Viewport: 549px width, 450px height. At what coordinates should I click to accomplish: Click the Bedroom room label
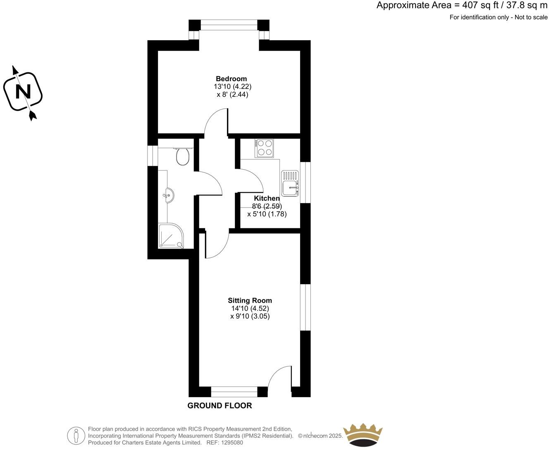(x=231, y=79)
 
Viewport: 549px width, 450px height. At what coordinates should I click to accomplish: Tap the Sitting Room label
(x=250, y=301)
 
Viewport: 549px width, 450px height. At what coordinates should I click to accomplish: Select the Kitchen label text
(x=267, y=199)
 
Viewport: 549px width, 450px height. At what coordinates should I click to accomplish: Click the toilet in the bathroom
(x=182, y=156)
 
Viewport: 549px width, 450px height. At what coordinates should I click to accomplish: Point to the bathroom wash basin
(x=169, y=195)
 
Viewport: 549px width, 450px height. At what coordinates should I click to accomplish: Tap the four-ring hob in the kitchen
(x=265, y=148)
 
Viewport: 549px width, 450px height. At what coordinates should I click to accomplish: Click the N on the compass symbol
(x=23, y=92)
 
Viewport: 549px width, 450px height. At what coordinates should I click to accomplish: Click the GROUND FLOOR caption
(x=220, y=406)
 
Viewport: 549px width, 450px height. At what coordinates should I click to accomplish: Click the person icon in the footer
(x=76, y=435)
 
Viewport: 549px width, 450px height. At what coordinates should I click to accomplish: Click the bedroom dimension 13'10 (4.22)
(x=232, y=86)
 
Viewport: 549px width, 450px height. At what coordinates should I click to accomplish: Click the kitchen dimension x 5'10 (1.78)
(x=267, y=214)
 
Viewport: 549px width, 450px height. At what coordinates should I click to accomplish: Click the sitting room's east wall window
(x=306, y=307)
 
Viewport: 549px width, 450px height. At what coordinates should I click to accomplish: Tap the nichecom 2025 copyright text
(x=320, y=436)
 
